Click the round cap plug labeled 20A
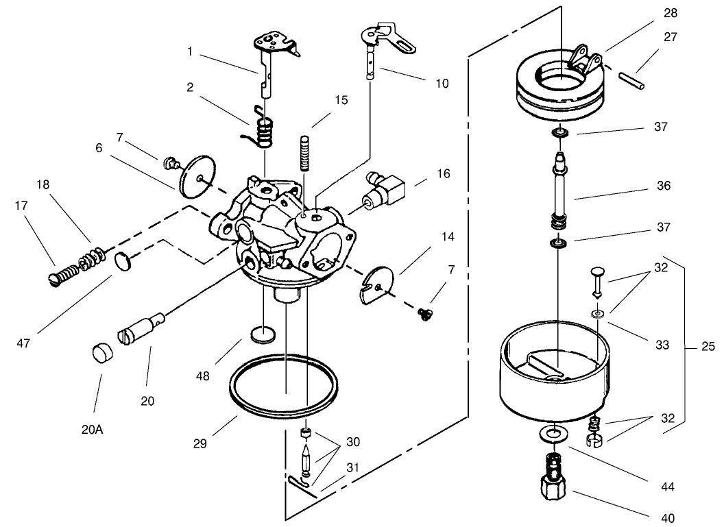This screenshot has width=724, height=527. [102, 355]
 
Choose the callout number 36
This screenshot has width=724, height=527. [662, 186]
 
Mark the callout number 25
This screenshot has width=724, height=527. [709, 347]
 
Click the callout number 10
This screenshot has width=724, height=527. [442, 84]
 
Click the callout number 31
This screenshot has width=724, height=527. [352, 467]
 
